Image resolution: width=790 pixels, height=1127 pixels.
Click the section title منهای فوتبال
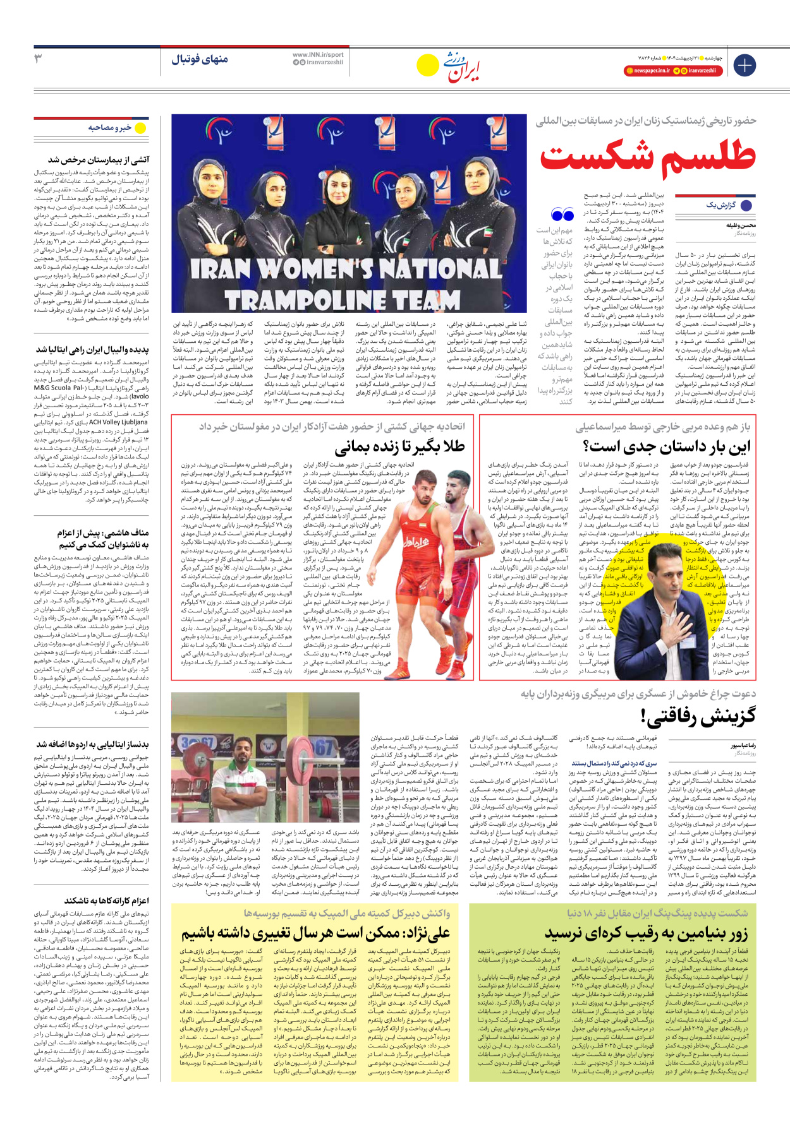point(200,59)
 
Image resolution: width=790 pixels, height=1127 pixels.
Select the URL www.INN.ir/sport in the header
point(318,55)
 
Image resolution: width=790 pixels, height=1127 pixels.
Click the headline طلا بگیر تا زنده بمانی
point(399,447)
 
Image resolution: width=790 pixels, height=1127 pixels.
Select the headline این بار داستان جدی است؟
point(667,447)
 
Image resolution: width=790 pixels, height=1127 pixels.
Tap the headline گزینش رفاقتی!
point(698,717)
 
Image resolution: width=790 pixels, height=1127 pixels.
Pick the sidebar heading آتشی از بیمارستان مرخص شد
point(99,160)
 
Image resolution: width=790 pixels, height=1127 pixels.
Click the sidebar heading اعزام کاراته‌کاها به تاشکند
point(106,900)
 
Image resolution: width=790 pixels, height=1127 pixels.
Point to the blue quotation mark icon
point(562,215)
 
